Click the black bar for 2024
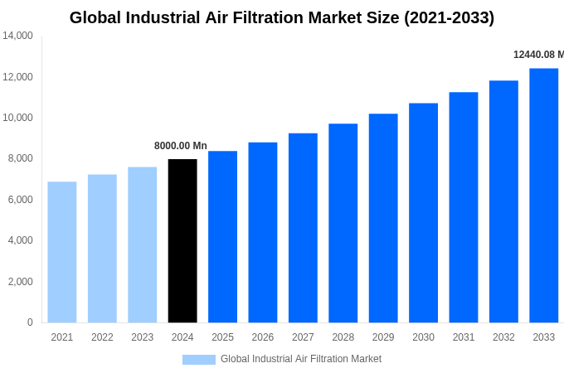182,240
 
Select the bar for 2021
62,252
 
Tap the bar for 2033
543,195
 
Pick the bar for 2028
343,223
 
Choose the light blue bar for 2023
142,245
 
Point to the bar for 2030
423,212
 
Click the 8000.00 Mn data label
181,146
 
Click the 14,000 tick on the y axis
17,36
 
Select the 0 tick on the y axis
30,322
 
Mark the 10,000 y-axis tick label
17,118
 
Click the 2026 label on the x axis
262,337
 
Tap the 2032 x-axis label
503,337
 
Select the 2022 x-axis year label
102,337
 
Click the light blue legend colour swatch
199,360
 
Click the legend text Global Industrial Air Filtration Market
301,359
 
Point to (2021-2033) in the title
449,17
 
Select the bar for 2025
222,236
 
